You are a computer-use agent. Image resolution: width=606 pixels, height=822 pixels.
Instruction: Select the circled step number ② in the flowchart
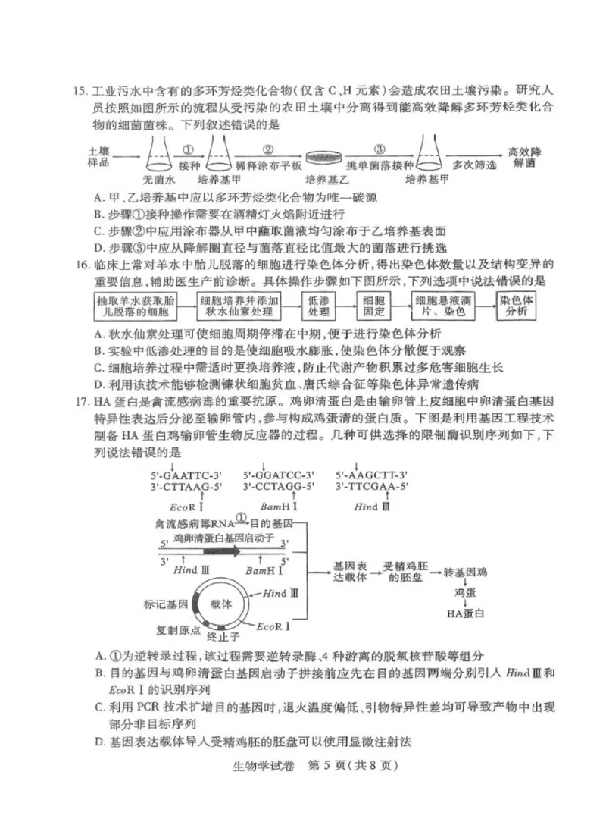(268, 149)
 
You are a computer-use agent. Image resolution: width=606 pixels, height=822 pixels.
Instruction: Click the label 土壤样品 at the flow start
(99, 157)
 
